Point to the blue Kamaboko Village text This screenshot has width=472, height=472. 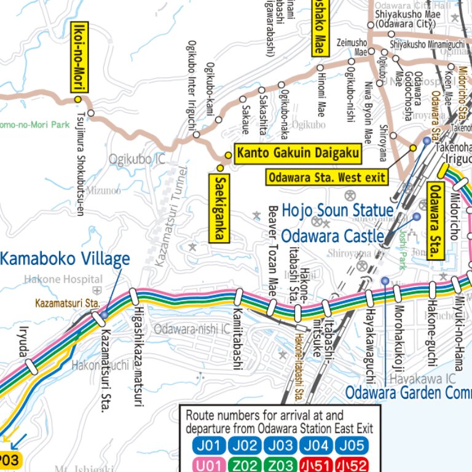coord(65,259)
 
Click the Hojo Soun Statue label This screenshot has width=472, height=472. coord(337,210)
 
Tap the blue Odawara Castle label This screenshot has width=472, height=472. coord(332,236)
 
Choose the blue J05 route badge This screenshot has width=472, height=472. coord(351,445)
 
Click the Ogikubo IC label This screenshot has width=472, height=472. coord(136,159)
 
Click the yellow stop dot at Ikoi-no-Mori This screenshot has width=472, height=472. coord(78,99)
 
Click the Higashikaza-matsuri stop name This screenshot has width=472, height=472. coord(138,356)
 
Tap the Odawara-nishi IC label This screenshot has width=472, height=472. coord(191,329)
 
